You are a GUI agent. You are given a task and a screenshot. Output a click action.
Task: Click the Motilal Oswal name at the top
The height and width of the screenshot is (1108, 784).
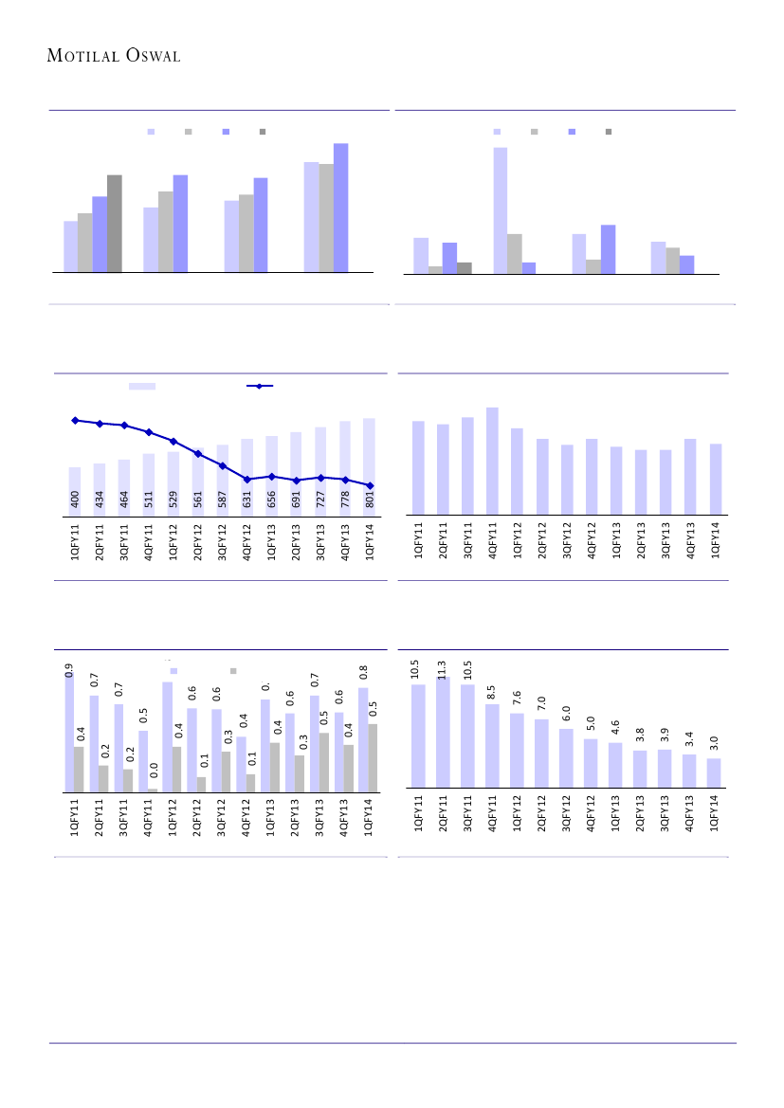tap(114, 56)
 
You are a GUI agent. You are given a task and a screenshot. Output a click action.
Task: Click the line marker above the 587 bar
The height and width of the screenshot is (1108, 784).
tap(222, 465)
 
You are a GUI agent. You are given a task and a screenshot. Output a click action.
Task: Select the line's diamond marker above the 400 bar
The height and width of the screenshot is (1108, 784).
tap(75, 420)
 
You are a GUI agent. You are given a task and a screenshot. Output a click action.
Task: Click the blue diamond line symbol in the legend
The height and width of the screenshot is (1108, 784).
tap(260, 386)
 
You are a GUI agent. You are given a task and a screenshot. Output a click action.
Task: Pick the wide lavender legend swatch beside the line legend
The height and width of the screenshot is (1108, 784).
tap(142, 386)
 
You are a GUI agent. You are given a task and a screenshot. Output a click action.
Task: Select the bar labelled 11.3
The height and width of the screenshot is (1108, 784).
tap(443, 732)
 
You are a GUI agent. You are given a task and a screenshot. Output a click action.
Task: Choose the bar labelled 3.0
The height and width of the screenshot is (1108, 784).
tap(714, 772)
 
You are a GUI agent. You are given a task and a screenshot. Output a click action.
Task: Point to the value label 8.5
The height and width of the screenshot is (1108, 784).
tap(492, 694)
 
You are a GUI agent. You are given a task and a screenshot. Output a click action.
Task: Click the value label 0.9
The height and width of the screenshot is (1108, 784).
tap(69, 670)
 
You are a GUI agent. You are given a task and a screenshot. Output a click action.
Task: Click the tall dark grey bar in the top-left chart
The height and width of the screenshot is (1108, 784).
tap(115, 224)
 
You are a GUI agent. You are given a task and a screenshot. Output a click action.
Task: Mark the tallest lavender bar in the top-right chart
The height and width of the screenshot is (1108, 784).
tap(501, 210)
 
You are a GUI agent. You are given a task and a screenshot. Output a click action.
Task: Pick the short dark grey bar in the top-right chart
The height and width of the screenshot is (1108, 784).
tap(465, 268)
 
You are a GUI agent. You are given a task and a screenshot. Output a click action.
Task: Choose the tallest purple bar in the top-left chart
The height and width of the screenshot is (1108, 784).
tap(341, 208)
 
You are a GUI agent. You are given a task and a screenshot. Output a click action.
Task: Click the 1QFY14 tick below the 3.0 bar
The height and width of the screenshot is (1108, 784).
tap(714, 812)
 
